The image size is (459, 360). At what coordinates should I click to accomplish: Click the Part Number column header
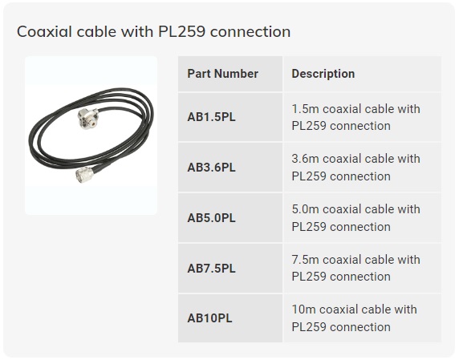click(222, 74)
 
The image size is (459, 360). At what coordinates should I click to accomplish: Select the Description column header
click(323, 74)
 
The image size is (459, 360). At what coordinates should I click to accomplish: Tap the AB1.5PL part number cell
click(211, 117)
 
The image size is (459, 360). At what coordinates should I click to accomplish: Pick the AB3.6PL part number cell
click(211, 168)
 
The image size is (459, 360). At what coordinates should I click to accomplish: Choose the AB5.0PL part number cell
click(211, 218)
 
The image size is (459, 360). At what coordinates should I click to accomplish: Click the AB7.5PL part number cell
click(211, 268)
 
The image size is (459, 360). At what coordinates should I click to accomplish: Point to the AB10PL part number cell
click(209, 318)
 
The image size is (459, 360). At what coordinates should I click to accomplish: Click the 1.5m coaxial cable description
click(355, 117)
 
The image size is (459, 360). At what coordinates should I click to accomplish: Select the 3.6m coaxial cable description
click(355, 168)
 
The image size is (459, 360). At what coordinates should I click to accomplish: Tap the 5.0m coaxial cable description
click(355, 218)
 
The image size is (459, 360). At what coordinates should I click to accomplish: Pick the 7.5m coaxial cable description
click(355, 268)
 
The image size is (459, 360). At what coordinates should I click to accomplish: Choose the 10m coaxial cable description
click(354, 318)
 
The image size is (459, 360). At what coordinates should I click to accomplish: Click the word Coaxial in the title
click(44, 31)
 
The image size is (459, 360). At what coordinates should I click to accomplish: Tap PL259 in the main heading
click(181, 31)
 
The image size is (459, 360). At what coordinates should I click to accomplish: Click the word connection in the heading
click(250, 31)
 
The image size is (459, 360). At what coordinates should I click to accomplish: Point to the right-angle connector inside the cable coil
click(88, 119)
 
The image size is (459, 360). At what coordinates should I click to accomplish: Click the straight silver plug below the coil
click(84, 175)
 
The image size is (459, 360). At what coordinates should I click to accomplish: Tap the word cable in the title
click(96, 31)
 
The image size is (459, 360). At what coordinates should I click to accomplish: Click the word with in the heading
click(137, 31)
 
